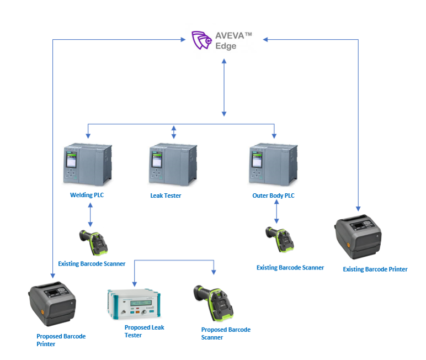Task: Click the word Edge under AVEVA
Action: coord(226,46)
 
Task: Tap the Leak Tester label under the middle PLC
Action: coord(166,195)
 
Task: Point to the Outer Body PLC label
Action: coord(273,195)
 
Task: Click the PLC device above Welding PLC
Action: coord(87,164)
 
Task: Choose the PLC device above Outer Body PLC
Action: coord(273,164)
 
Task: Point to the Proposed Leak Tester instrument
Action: coord(133,304)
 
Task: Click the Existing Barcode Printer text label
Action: coord(375,269)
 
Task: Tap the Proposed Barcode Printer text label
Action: coord(61,340)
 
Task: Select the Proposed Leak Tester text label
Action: coord(144,331)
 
